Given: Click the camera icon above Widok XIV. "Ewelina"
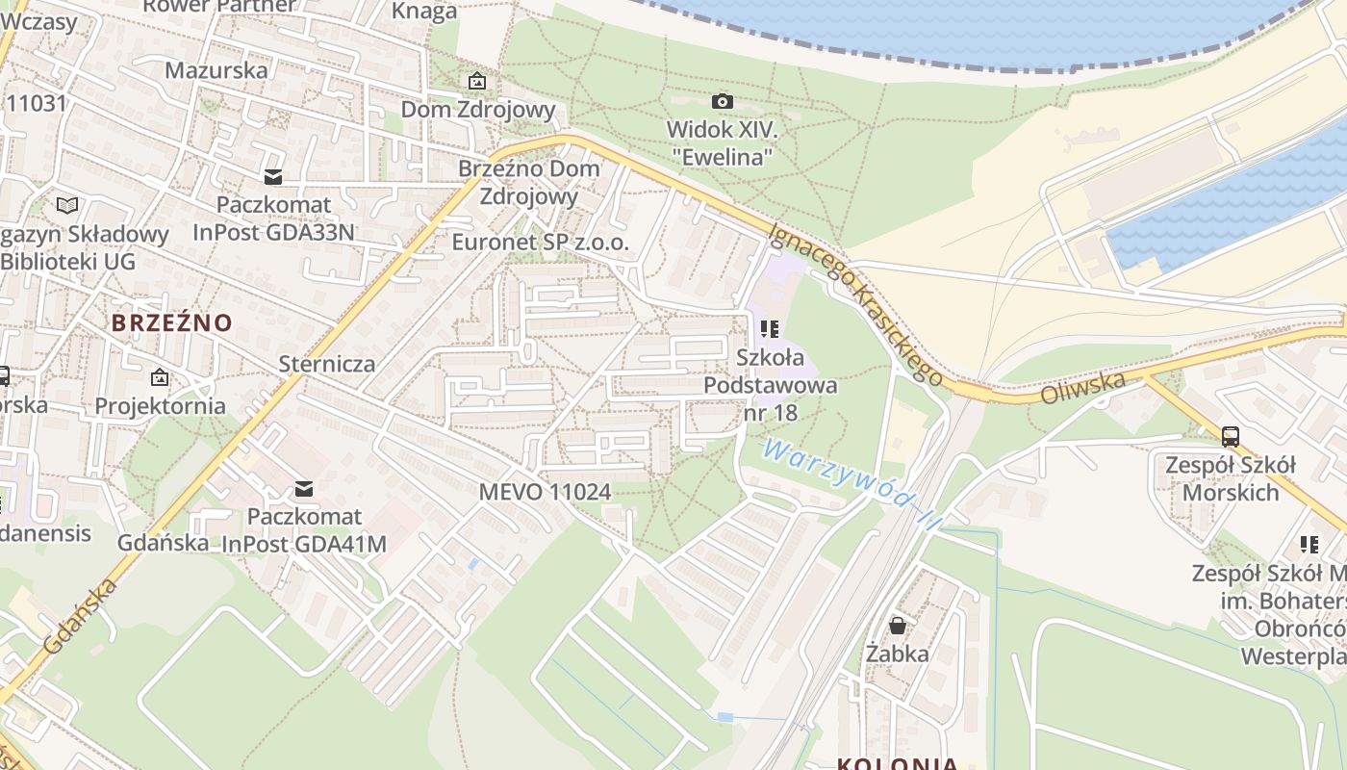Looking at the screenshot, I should point(722,101).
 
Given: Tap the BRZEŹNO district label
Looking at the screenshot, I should point(172,322).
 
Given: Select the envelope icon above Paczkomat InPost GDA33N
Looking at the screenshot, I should point(273,177).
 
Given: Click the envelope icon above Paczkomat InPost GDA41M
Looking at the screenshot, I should point(304,489).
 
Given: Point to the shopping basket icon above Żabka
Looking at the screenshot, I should point(897,626).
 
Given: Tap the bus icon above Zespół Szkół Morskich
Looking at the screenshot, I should point(1230,436).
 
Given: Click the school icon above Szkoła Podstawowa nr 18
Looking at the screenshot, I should point(770,329).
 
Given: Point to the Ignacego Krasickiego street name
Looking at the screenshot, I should point(856,303).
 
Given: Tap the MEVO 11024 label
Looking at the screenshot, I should point(545,492).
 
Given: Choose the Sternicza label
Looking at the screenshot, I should point(326,364).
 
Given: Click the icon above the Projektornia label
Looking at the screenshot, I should point(160,377).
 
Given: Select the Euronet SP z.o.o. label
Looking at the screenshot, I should point(540,243).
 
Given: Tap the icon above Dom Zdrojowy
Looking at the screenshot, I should point(476,82).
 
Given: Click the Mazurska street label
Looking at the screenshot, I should point(216,70).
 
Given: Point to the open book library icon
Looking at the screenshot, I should point(66,205).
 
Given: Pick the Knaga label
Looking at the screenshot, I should point(424,12).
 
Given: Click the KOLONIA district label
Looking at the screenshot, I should point(897,763).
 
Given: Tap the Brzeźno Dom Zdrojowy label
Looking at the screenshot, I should point(528,182).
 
